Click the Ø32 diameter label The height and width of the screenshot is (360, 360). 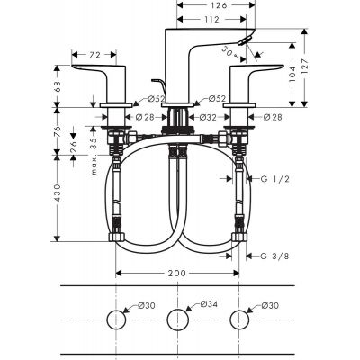206,117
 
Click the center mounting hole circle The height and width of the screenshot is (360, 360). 180,320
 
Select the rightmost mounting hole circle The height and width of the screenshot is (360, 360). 240,320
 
